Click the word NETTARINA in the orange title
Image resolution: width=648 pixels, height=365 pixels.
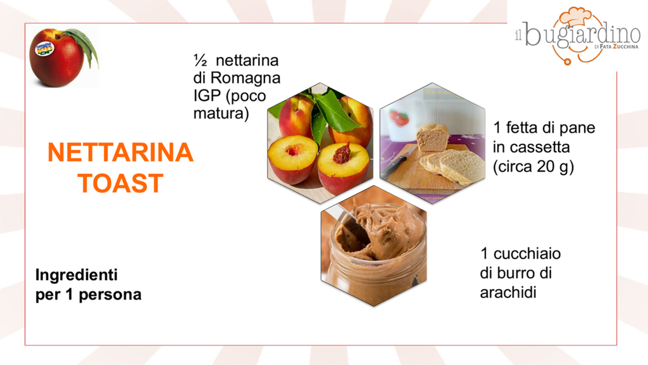pos(121,152)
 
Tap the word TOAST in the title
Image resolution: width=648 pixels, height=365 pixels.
pos(121,183)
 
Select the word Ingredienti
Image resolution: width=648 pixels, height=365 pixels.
pos(77,275)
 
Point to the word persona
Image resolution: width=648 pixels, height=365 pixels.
pos(110,295)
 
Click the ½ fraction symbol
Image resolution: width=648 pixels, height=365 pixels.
pos(200,60)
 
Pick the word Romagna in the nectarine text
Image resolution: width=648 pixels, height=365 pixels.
pos(246,78)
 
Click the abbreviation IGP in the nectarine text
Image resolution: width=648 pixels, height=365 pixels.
pos(208,96)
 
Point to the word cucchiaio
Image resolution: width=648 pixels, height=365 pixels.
pos(527,253)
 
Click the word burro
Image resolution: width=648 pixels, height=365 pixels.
pos(513,272)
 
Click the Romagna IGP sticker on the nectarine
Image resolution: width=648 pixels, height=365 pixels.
pos(44,48)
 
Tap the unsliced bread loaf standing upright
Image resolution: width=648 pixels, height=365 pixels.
pos(432,137)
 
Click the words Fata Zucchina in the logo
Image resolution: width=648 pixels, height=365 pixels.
pos(619,47)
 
